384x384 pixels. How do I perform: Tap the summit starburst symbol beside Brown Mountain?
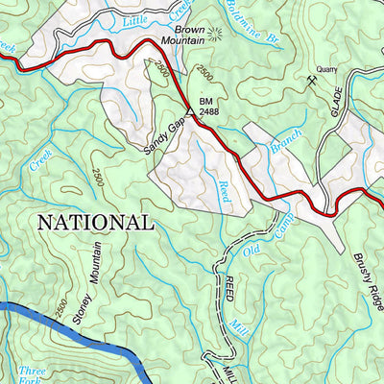click(x=213, y=33)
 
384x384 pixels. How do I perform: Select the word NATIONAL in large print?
click(x=94, y=223)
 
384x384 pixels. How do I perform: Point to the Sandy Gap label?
click(x=164, y=134)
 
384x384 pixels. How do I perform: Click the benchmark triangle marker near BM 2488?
click(x=190, y=111)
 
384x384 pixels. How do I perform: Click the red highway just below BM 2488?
click(x=221, y=144)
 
